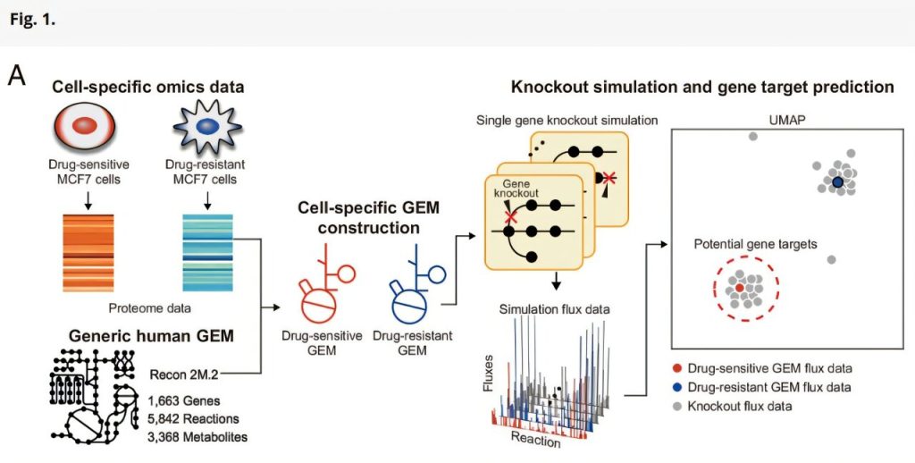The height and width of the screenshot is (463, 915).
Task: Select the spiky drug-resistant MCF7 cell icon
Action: coord(206,128)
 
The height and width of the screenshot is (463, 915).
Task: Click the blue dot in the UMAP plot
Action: coord(837,182)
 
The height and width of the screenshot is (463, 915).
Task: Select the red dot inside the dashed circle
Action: coord(740,288)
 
